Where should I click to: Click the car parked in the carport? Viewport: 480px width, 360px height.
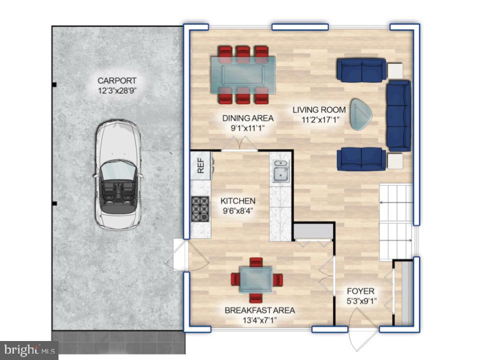pos(118,175)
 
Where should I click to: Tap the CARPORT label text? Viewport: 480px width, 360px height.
pos(117,80)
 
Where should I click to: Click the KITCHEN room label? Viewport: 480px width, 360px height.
pos(238,200)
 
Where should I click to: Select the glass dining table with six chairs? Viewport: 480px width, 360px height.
pos(242,74)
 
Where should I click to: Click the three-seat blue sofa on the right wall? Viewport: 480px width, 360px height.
pos(398,115)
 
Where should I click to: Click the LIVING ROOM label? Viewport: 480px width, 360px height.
pos(319,109)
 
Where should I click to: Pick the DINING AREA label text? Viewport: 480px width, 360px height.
pos(248,118)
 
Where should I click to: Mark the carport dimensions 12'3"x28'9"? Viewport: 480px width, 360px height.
pos(117,90)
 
